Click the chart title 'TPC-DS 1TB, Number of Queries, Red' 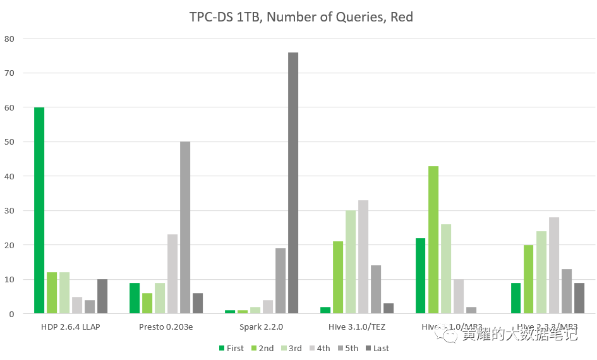point(301,17)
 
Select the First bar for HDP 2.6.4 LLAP point(39,210)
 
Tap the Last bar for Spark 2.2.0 point(293,183)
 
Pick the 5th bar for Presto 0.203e point(185,227)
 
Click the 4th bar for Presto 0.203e point(172,274)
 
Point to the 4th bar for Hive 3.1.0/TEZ point(363,257)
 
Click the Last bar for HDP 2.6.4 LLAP point(102,296)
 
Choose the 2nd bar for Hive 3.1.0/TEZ point(338,277)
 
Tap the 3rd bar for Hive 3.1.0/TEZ point(351,262)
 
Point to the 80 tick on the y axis point(10,39)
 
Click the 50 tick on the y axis point(10,142)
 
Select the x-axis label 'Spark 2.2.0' point(262,327)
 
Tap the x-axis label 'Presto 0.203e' point(166,327)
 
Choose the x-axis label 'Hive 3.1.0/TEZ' point(357,327)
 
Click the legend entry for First point(232,348)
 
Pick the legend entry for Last point(377,348)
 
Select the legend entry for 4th point(319,348)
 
